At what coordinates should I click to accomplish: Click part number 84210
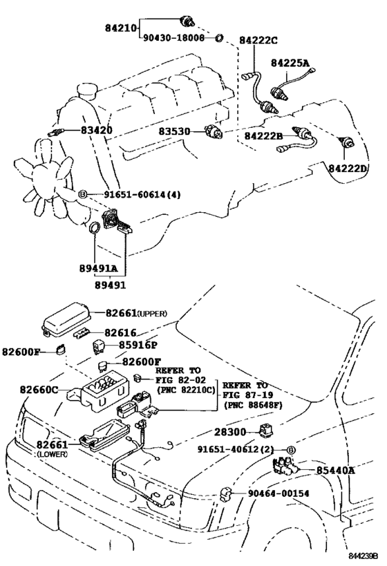(121, 28)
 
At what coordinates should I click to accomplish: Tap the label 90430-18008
(174, 37)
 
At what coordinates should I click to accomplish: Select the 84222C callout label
(258, 40)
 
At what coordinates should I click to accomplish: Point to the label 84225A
(290, 63)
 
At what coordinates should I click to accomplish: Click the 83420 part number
(96, 130)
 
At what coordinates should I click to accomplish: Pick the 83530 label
(174, 131)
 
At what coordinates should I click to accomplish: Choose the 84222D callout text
(348, 168)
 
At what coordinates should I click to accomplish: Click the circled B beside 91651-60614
(83, 195)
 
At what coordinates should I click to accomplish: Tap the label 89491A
(99, 269)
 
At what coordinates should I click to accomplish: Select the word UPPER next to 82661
(153, 314)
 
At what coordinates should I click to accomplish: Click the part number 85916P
(138, 345)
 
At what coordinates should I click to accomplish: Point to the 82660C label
(39, 390)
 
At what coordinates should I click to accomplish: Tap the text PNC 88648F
(253, 405)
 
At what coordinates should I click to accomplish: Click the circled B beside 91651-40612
(292, 450)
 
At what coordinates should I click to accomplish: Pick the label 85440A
(336, 471)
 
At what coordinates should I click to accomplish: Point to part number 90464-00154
(279, 493)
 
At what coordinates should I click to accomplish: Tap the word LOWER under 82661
(52, 454)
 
